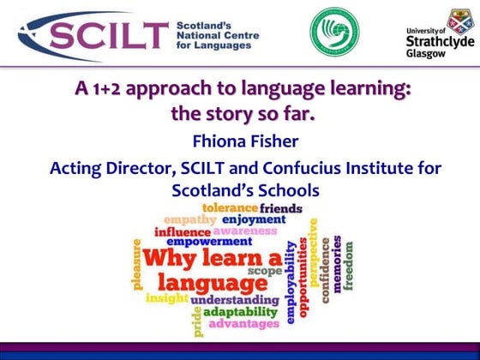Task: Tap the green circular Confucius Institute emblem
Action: click(330, 31)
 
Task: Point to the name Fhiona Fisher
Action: click(239, 139)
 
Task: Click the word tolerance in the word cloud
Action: click(230, 208)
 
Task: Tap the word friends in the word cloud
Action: click(280, 208)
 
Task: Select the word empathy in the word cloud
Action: click(189, 220)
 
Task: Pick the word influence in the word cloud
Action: click(182, 232)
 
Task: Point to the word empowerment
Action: click(210, 243)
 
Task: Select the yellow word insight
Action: click(166, 298)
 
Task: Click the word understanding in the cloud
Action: click(235, 300)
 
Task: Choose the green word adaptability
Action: click(239, 312)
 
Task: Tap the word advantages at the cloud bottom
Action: click(243, 324)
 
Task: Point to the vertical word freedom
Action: click(349, 263)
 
